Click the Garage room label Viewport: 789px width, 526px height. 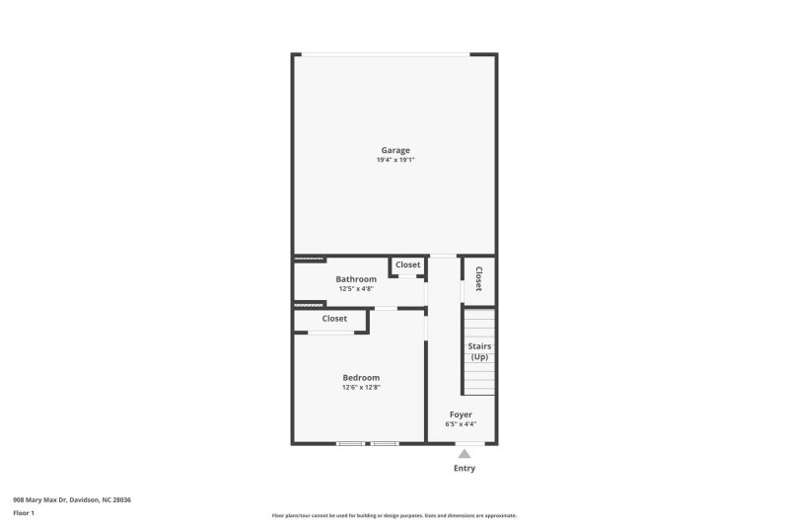pos(395,150)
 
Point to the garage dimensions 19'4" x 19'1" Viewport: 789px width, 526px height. pos(395,160)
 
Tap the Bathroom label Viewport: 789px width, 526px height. pos(356,279)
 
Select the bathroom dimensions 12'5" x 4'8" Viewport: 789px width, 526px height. pos(356,289)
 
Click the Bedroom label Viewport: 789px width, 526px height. pos(361,377)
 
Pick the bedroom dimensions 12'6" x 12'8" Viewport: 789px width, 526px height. pos(361,387)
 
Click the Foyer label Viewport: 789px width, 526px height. pos(461,414)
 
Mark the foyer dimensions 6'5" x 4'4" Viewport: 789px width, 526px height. pos(461,424)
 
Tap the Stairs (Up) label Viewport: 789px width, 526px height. pos(479,350)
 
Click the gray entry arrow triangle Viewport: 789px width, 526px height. pos(465,454)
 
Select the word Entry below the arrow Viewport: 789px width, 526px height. pos(465,468)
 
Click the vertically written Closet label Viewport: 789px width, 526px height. pos(479,279)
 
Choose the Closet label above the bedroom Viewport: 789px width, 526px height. pos(334,319)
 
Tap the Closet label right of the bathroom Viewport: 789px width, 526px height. pos(407,264)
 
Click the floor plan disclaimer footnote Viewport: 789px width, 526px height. pos(394,515)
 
